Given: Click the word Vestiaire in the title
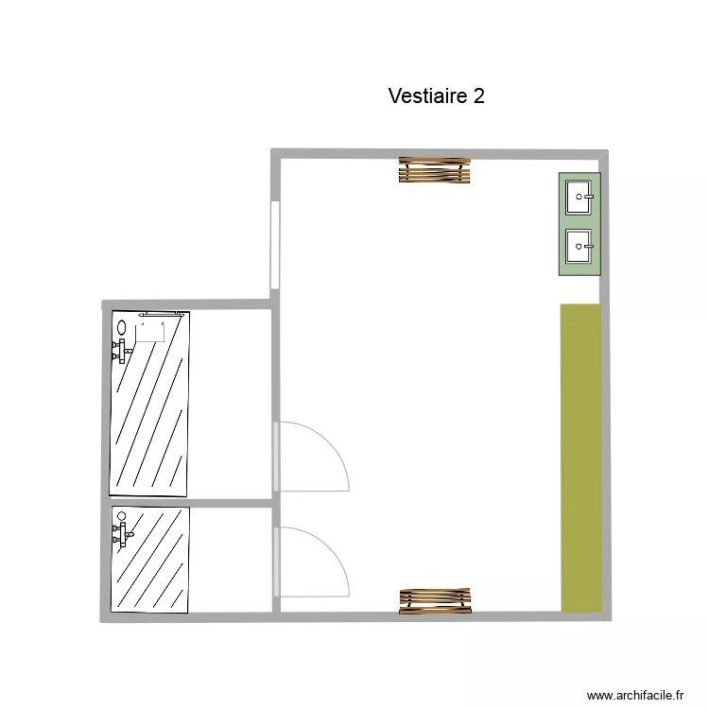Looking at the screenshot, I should [427, 96].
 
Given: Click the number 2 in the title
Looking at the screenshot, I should [479, 96].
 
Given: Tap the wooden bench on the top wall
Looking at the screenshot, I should [434, 170].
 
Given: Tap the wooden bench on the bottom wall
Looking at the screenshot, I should [434, 600].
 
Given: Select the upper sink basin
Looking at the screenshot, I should [578, 198].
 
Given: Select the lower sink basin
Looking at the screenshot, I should [578, 247].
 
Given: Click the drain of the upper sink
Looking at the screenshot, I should [579, 198].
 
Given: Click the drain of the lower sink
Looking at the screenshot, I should [579, 247].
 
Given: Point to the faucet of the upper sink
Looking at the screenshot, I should [588, 198].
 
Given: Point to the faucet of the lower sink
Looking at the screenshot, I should [588, 247].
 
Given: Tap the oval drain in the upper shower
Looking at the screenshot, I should [121, 328].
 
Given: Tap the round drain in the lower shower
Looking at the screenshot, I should [120, 516].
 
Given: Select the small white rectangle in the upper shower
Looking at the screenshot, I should [150, 330].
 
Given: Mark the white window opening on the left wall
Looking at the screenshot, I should [274, 246].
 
